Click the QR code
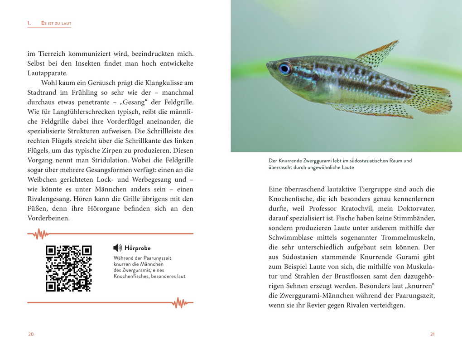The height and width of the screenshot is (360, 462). click(69, 268)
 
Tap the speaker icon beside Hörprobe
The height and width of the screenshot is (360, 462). click(117, 248)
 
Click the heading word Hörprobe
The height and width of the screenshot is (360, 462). click(137, 248)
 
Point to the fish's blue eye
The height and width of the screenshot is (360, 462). click(285, 68)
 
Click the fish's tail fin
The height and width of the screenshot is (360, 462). click(433, 99)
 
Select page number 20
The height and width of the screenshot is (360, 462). click(31, 334)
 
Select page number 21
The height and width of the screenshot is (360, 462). click(432, 334)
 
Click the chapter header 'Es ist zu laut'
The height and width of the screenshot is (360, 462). click(56, 23)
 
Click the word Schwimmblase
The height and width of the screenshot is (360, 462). click(291, 238)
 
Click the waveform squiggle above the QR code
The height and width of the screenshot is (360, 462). click(41, 234)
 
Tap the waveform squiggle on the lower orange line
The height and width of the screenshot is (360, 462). click(180, 302)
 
